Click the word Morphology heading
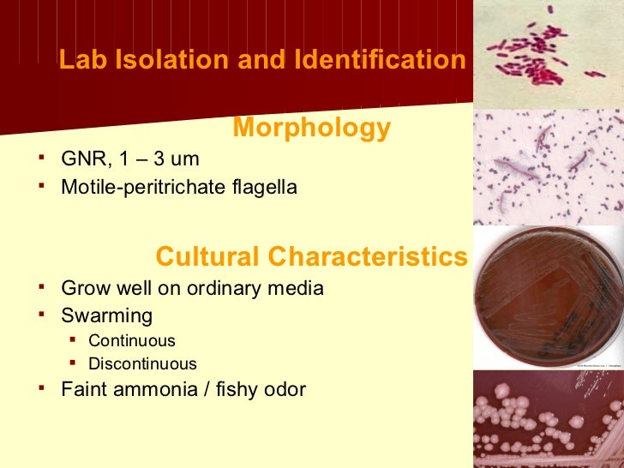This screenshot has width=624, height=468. pyautogui.click(x=311, y=129)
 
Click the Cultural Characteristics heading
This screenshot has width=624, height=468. pyautogui.click(x=312, y=256)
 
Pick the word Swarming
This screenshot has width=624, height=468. pyautogui.click(x=106, y=315)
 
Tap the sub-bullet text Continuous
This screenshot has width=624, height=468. pyautogui.click(x=132, y=340)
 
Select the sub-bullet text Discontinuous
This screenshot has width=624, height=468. pyautogui.click(x=142, y=363)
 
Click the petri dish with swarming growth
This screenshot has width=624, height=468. pyautogui.click(x=549, y=298)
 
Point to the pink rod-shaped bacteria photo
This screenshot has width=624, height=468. pyautogui.click(x=549, y=53)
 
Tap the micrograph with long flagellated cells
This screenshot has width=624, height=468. pyautogui.click(x=549, y=167)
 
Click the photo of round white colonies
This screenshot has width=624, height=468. pyautogui.click(x=549, y=420)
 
